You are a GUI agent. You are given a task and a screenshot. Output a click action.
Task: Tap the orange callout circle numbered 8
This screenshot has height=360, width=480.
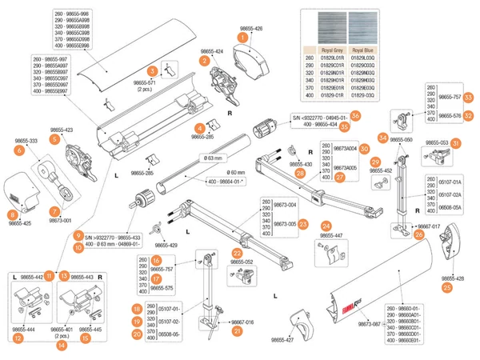coord(13,214)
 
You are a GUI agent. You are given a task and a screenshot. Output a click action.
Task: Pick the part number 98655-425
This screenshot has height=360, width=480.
coord(21,224)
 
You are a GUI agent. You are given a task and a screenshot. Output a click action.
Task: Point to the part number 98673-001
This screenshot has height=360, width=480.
coord(58,220)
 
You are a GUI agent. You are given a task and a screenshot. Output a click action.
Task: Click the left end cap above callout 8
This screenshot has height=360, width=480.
coord(23,190)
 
